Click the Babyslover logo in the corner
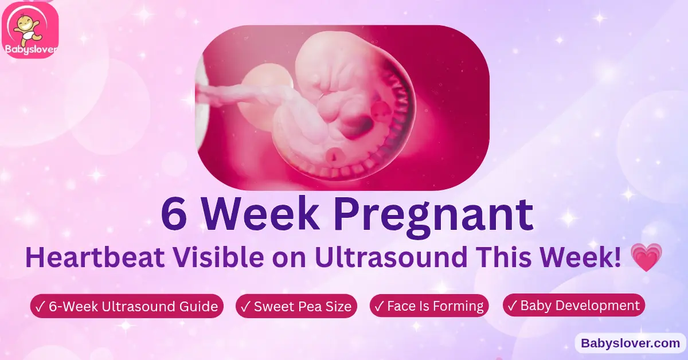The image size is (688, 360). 30,30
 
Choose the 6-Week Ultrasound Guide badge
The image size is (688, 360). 126,306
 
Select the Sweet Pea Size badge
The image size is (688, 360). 296,306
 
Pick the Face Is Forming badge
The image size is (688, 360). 429,306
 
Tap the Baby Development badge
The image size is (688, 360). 573,305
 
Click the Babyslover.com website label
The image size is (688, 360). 630,343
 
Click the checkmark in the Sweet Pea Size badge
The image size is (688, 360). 245,306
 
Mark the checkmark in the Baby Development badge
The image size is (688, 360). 512,305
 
